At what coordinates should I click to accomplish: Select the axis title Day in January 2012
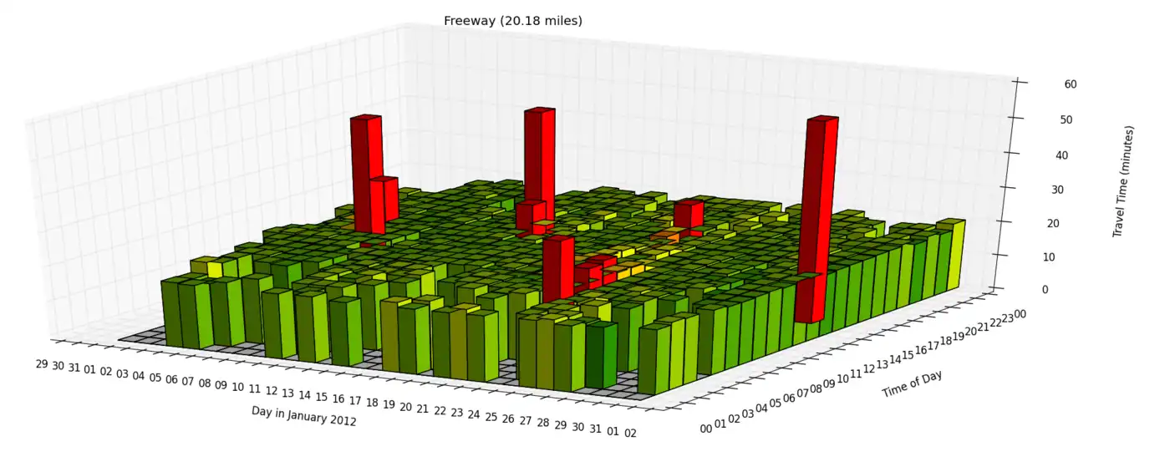[x=304, y=415]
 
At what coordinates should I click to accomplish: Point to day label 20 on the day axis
[x=405, y=406]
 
